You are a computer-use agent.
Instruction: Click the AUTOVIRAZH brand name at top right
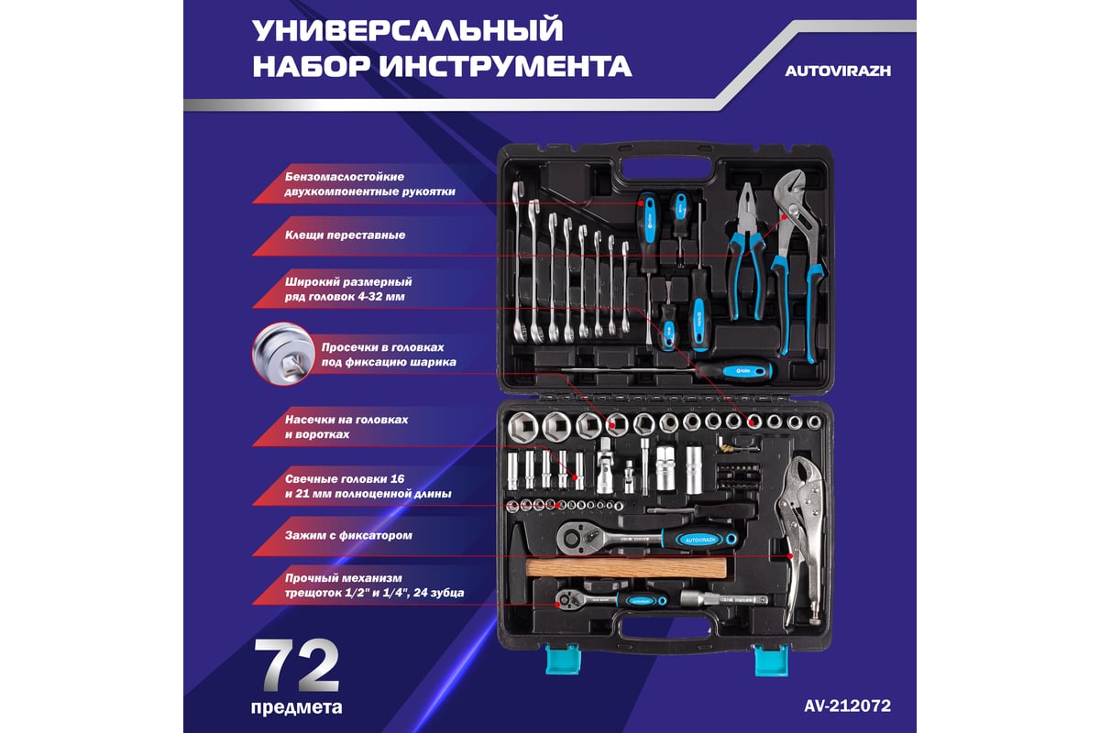(838, 71)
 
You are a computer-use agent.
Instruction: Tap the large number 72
(297, 666)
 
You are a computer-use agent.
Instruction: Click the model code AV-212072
(847, 706)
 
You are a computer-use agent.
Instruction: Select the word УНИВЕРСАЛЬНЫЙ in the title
(408, 30)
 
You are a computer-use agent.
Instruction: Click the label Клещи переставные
(346, 235)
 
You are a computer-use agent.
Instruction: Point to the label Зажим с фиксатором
(348, 535)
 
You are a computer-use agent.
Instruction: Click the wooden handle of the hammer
(626, 567)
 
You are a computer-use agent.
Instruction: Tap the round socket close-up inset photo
(283, 353)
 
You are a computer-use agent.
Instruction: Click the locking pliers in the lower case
(800, 540)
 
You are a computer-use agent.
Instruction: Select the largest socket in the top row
(523, 427)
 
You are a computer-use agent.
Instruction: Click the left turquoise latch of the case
(563, 659)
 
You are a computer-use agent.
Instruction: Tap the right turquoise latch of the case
(771, 661)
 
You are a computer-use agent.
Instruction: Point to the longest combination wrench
(519, 262)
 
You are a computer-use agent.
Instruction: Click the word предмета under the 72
(297, 707)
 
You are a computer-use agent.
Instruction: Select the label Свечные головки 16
(345, 478)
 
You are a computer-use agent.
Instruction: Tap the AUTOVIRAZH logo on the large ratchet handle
(700, 540)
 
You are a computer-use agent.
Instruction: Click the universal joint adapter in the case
(605, 466)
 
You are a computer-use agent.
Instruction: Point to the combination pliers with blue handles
(747, 251)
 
